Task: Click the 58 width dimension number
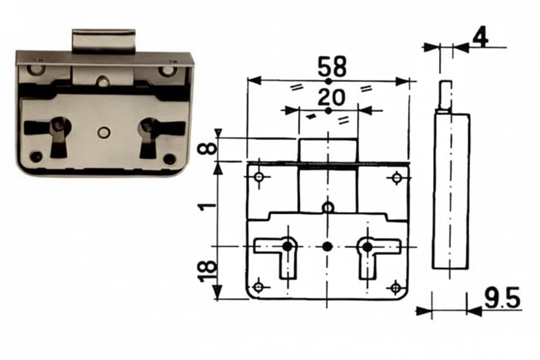pyautogui.click(x=332, y=66)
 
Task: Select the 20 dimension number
pyautogui.click(x=331, y=97)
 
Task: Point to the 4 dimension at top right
pyautogui.click(x=480, y=39)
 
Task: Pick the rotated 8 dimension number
pyautogui.click(x=206, y=148)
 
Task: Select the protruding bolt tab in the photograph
pyautogui.click(x=104, y=42)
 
